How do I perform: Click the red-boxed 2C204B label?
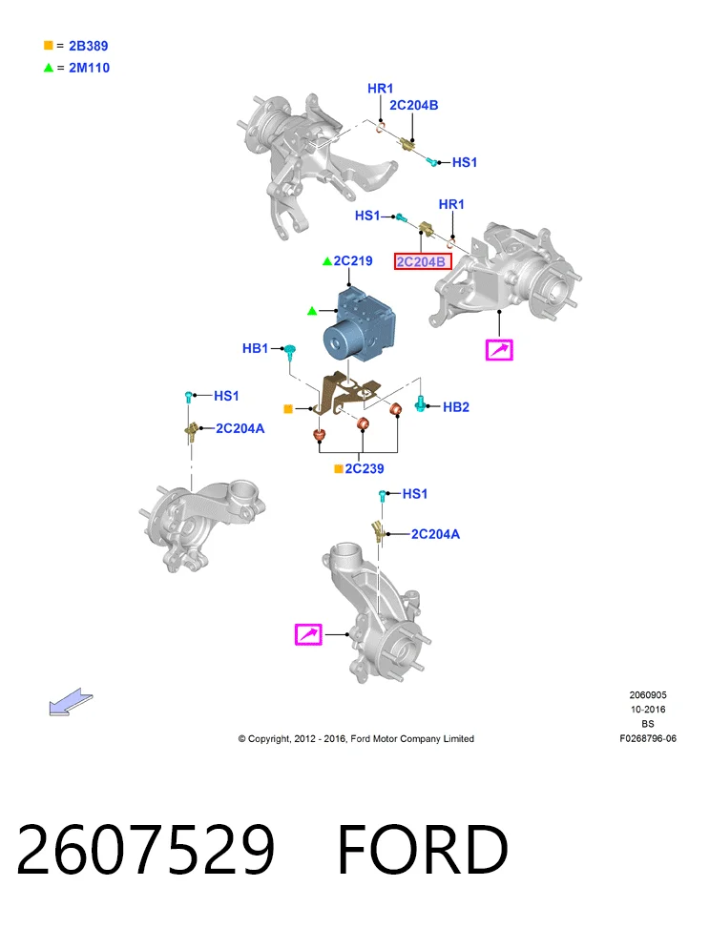423,261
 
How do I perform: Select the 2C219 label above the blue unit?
353,261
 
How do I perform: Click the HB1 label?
256,348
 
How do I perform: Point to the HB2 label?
456,407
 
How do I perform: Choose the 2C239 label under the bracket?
365,468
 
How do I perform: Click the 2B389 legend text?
88,46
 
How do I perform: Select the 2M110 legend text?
90,68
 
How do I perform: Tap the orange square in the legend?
49,45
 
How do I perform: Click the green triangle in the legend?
49,68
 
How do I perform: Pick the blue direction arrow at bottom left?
71,702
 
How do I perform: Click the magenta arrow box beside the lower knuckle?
308,634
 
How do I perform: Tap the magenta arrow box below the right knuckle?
499,349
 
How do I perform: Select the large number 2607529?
146,850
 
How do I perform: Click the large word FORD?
423,850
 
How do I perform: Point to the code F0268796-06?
648,738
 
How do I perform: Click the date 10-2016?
648,710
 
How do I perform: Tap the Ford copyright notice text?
356,738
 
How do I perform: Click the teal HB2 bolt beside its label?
420,403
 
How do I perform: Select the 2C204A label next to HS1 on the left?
240,428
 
